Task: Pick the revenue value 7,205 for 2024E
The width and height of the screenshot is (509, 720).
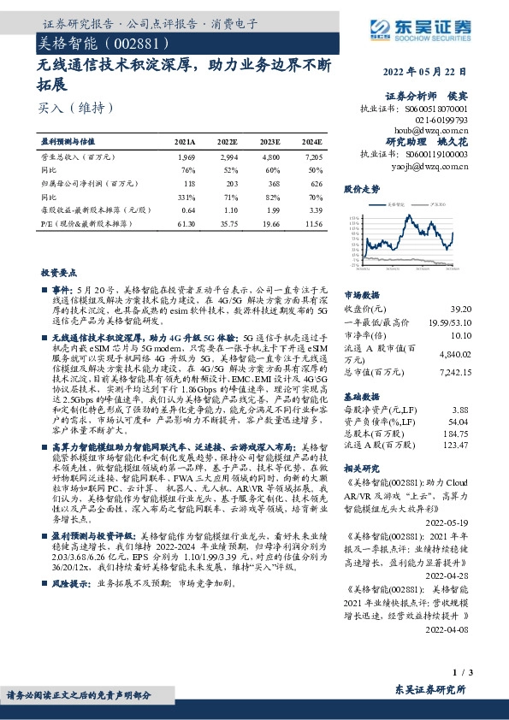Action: click(x=313, y=158)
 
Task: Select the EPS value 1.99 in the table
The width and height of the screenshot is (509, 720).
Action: click(x=271, y=209)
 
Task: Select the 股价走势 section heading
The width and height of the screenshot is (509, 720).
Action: click(x=361, y=187)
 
